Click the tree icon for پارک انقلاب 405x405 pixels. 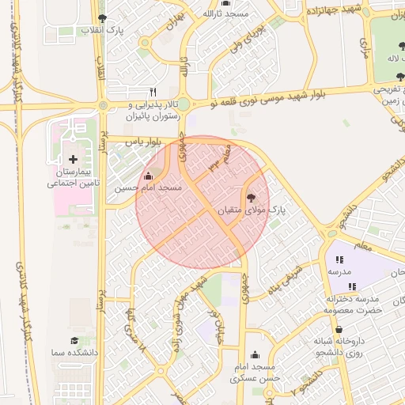pyautogui.click(x=100, y=17)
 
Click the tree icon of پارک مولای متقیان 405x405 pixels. pyautogui.click(x=252, y=198)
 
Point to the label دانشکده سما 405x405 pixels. pyautogui.click(x=72, y=353)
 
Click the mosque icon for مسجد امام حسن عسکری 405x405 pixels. pyautogui.click(x=255, y=356)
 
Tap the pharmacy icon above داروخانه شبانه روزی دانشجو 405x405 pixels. pyautogui.click(x=339, y=329)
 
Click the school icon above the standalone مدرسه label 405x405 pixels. pyautogui.click(x=339, y=259)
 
